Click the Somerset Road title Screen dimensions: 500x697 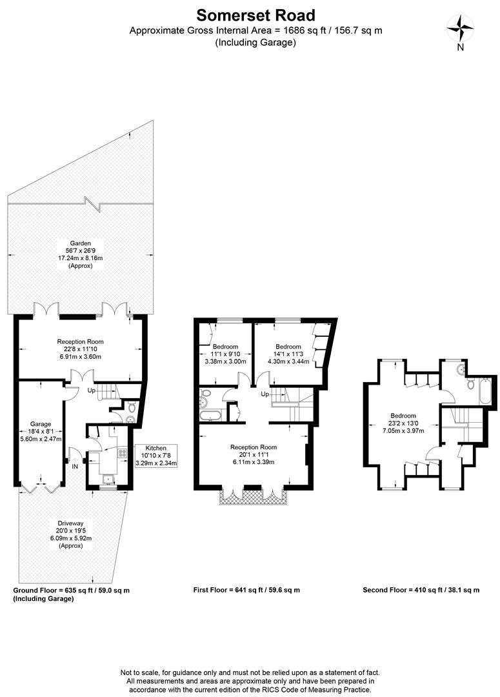(x=255, y=15)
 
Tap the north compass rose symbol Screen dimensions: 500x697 (x=461, y=28)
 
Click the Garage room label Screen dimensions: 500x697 (x=41, y=424)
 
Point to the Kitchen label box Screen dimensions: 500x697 (x=156, y=456)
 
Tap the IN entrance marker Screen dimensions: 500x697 (x=75, y=467)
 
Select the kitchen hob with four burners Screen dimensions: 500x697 (x=122, y=454)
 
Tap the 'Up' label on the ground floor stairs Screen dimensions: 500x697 (x=91, y=390)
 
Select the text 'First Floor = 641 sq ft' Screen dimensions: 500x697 (x=229, y=590)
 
